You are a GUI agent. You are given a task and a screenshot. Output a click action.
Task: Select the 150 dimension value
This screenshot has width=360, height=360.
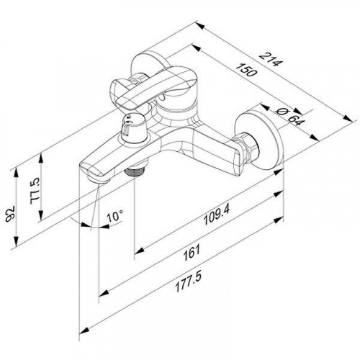tap(246, 70)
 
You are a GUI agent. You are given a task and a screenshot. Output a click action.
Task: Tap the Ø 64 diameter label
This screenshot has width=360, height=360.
tap(289, 117)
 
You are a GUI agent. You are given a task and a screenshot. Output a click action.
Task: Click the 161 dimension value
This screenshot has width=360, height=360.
tap(192, 253)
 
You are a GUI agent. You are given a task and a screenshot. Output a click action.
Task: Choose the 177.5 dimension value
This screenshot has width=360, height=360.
tap(189, 282)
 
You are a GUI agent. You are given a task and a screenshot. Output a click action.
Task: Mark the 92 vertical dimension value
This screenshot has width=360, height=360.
tap(11, 212)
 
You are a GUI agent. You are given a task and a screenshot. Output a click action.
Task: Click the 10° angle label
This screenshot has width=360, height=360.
tap(114, 216)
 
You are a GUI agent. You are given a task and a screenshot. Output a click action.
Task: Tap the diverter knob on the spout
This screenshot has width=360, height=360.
tap(132, 128)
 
